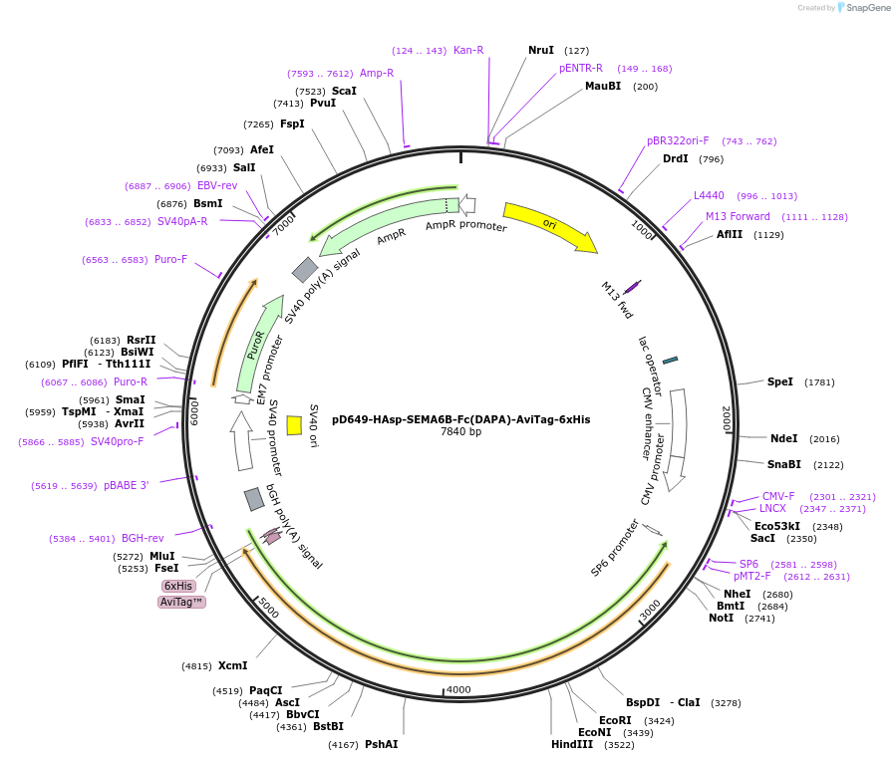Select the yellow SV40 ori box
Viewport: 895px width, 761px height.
[294, 425]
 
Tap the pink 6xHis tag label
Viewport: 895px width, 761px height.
[178, 586]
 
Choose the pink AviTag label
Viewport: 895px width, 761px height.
[181, 602]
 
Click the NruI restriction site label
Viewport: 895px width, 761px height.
[541, 50]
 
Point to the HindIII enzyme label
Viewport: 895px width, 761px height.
[572, 744]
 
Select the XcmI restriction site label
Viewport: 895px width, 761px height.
[232, 665]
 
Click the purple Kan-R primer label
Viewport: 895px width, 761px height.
[468, 50]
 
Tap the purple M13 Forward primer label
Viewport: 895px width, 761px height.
[738, 216]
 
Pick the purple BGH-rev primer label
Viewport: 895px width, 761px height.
[143, 538]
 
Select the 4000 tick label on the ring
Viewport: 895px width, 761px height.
[458, 689]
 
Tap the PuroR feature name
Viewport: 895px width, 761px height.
[255, 346]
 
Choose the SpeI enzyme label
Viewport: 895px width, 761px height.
[780, 381]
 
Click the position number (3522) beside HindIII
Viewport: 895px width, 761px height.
[620, 744]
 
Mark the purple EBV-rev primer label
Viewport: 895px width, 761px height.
[217, 185]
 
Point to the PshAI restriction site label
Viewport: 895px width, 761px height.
[381, 744]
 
